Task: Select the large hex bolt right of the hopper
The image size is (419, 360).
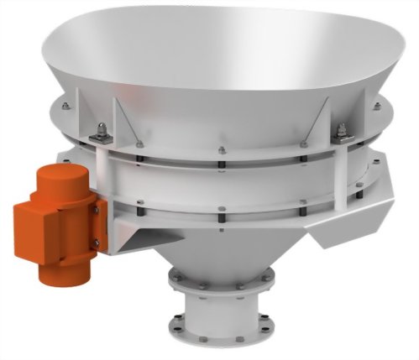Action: pos(344,132)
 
